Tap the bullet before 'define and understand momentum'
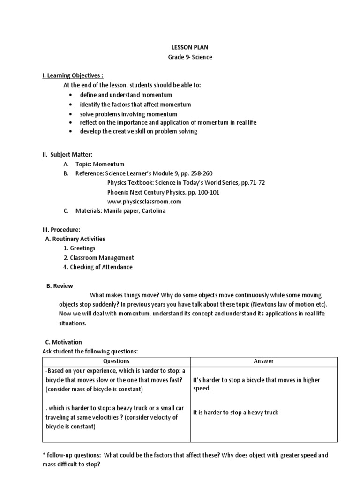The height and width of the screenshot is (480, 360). click(x=70, y=95)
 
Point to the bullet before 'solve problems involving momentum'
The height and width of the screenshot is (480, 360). click(x=70, y=114)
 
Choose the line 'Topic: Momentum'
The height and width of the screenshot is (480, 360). click(x=100, y=164)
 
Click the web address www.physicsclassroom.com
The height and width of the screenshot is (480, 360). click(x=144, y=202)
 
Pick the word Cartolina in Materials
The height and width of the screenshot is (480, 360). click(x=151, y=211)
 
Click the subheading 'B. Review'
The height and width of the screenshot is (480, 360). click(x=60, y=285)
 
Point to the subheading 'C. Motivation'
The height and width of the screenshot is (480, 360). click(x=64, y=342)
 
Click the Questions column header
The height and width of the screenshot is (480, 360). click(x=116, y=361)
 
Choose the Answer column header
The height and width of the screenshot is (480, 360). click(x=263, y=361)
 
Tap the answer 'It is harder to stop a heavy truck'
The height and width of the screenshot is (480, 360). click(x=235, y=412)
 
